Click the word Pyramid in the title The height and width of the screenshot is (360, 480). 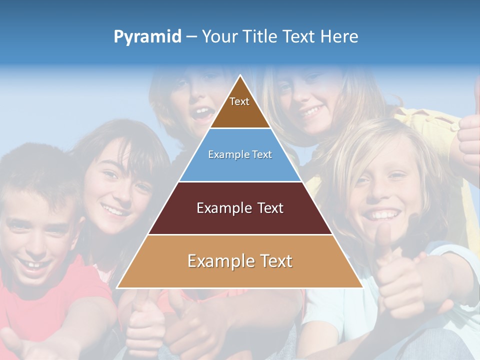pos(147,37)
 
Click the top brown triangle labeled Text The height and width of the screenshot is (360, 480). pos(239,107)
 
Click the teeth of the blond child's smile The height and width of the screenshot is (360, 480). pos(383,215)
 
